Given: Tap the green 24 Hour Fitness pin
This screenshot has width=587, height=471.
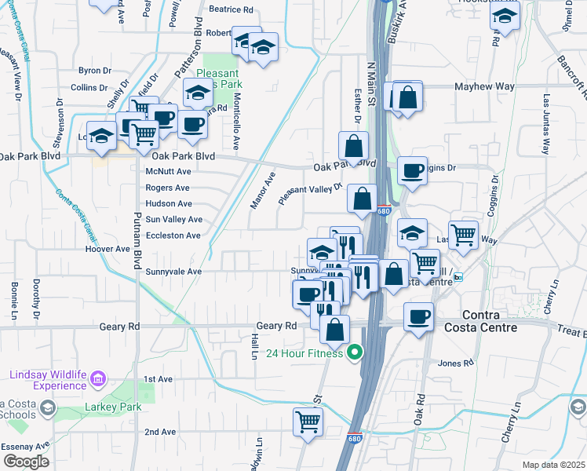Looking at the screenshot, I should [x=355, y=352].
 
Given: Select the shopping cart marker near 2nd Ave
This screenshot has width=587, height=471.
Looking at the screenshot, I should [x=308, y=422].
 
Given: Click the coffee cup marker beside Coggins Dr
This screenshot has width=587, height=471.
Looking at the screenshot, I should [x=412, y=170].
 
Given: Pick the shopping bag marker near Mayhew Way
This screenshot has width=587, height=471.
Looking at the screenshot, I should [x=407, y=97].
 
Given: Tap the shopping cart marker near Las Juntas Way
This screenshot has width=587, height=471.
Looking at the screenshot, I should [x=464, y=232].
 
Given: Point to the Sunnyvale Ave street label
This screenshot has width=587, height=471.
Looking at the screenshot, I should [x=174, y=272].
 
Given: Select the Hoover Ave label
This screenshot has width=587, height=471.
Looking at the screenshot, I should [x=108, y=249].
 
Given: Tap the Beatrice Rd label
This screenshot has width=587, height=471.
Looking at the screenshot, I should [x=232, y=10].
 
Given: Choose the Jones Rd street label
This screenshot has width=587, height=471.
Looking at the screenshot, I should [x=456, y=363].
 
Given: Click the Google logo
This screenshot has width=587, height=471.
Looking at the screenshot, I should [x=26, y=462].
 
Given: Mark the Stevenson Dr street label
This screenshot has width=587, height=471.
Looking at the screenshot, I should [x=58, y=126].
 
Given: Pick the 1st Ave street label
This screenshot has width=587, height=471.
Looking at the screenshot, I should [x=159, y=379].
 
